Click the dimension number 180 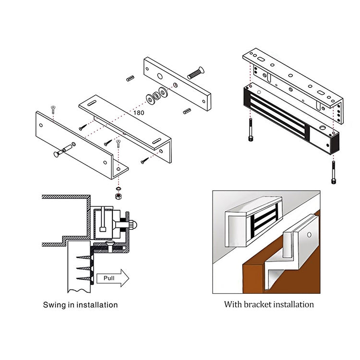pyautogui.click(x=138, y=113)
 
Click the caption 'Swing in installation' pyautogui.click(x=80, y=304)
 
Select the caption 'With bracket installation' pyautogui.click(x=269, y=304)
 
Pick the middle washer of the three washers pyautogui.click(x=156, y=95)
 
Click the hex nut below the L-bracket pyautogui.click(x=118, y=196)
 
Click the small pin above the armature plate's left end pyautogui.click(x=130, y=78)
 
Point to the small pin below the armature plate pyautogui.click(x=187, y=111)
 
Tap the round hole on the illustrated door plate pyautogui.click(x=309, y=235)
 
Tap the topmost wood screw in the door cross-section pyautogui.click(x=83, y=250)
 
